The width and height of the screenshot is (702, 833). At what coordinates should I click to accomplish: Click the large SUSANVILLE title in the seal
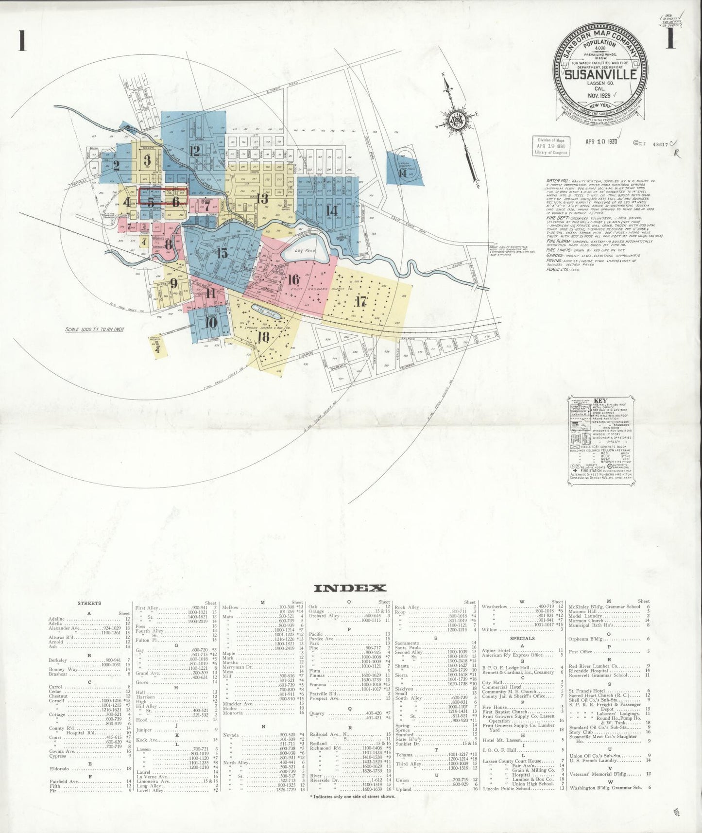tap(600, 74)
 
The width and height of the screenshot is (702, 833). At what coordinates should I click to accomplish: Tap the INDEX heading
tap(350, 588)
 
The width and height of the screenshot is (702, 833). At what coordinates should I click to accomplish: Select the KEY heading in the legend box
tap(600, 401)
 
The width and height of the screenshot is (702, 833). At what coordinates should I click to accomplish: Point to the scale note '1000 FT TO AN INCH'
tap(95, 330)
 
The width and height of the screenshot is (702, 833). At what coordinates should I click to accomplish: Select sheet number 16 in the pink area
tap(293, 279)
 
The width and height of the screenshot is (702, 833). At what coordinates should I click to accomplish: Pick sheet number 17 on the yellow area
tap(360, 301)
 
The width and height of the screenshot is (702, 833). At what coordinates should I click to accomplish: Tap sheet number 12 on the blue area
tap(195, 151)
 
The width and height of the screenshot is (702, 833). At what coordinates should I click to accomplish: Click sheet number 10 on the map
tap(211, 322)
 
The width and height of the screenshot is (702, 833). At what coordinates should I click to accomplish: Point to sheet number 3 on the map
tap(147, 160)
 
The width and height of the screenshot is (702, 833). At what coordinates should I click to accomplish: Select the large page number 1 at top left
tap(21, 40)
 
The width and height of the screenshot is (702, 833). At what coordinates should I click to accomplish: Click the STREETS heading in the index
tap(89, 603)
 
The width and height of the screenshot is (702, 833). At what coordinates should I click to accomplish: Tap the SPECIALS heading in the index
tap(522, 638)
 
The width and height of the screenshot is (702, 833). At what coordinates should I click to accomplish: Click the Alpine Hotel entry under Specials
tap(496, 650)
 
